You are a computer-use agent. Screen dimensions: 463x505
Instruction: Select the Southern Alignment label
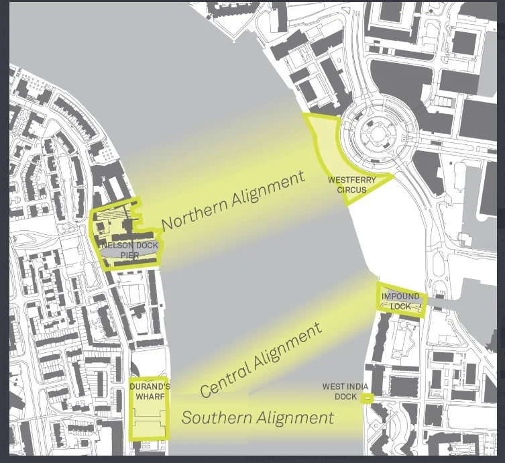258,418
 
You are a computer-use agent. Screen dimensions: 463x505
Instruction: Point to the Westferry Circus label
347,185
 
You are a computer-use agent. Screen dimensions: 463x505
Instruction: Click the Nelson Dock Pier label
130,250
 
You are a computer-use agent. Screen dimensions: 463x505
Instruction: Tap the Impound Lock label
400,301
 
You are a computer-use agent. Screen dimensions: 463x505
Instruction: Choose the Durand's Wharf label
150,391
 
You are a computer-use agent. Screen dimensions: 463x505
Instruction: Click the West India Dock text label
343,391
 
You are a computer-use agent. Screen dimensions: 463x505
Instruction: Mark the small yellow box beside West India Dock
368,398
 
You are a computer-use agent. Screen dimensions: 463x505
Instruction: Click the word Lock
401,307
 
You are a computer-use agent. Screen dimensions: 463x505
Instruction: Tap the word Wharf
150,396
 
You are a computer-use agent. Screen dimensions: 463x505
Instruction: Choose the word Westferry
347,181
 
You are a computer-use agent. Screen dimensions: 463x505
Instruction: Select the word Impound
400,297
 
